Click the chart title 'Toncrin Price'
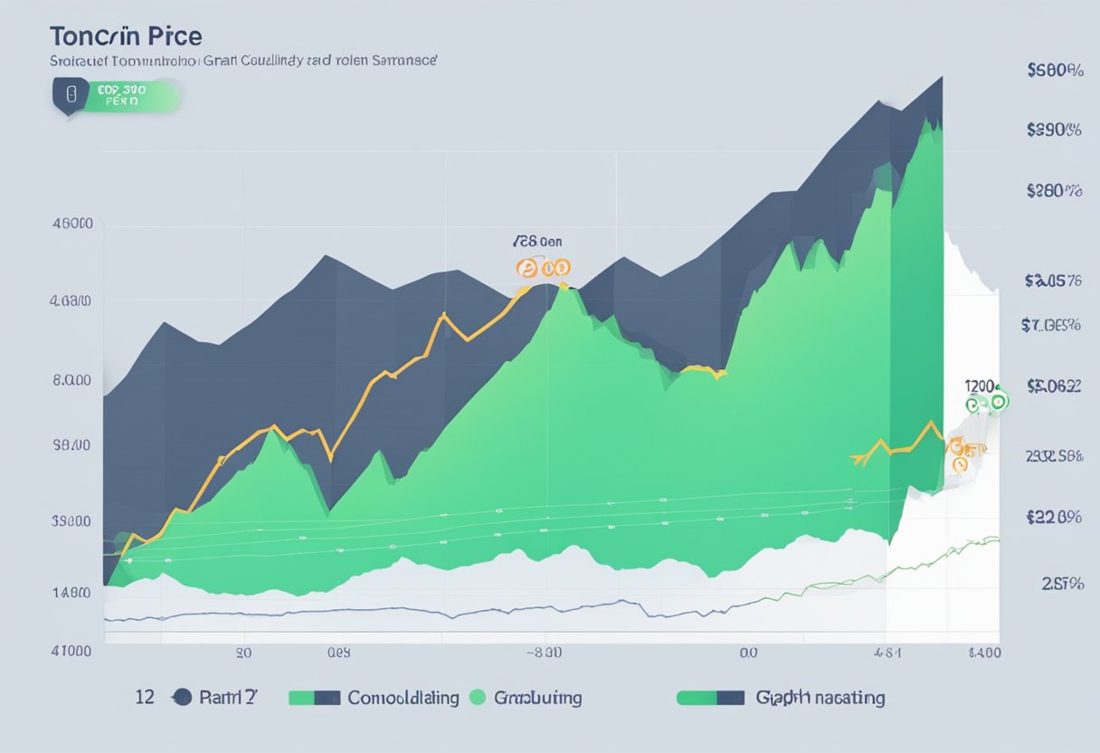(126, 37)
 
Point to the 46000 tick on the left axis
(71, 224)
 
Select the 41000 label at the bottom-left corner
(71, 651)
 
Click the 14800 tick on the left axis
(71, 593)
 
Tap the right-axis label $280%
(1055, 191)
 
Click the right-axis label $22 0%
(1055, 518)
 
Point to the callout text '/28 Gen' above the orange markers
(537, 243)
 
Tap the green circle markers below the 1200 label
(986, 403)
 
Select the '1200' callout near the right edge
(981, 385)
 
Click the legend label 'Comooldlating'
(403, 698)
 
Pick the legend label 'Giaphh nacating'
(820, 698)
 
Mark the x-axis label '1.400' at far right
(983, 651)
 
